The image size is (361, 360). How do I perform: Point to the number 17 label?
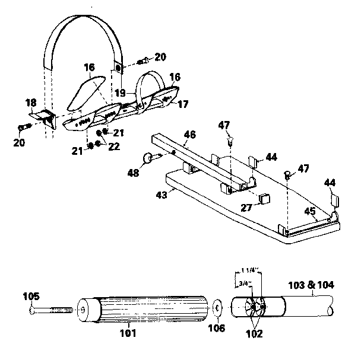point(183,104)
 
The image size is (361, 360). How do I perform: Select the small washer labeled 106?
point(218,308)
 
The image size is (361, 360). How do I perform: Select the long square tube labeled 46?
point(202,160)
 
